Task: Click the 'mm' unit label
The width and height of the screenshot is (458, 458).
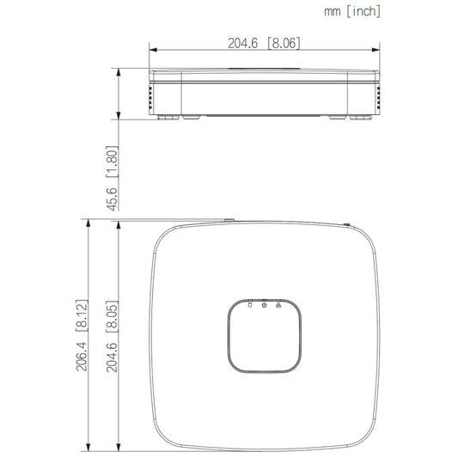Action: point(333,12)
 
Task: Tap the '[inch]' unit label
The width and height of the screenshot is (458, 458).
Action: point(363,11)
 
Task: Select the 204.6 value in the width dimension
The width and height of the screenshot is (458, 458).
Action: point(242,43)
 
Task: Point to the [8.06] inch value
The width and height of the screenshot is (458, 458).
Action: point(284,43)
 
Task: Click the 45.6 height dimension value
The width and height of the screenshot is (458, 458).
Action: point(113,199)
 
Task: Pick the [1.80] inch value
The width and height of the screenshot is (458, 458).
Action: point(113,162)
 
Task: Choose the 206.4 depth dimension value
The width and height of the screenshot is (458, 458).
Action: point(82,357)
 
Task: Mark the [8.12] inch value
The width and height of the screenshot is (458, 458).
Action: point(82,315)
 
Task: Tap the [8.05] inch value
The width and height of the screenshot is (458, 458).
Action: point(113,316)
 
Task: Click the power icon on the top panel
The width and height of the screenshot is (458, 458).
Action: point(265,305)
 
